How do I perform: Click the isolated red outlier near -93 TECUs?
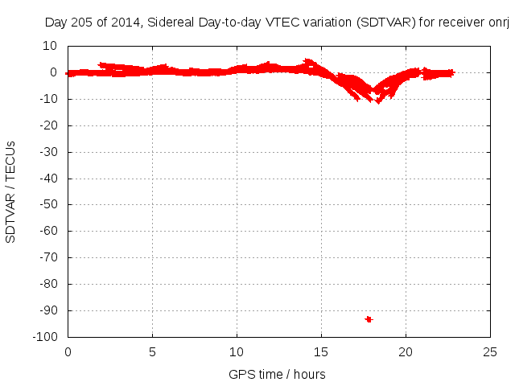click(369, 319)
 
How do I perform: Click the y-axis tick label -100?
click(45, 337)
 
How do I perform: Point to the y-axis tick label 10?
click(51, 46)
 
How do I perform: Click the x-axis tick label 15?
click(322, 352)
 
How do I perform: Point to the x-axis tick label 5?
click(152, 352)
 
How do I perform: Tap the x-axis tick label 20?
click(406, 352)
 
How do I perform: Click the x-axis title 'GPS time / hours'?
click(277, 374)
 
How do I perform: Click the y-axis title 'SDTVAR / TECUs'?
click(11, 191)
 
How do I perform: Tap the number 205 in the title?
click(83, 23)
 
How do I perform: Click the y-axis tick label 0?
click(53, 72)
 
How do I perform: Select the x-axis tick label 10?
click(237, 352)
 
